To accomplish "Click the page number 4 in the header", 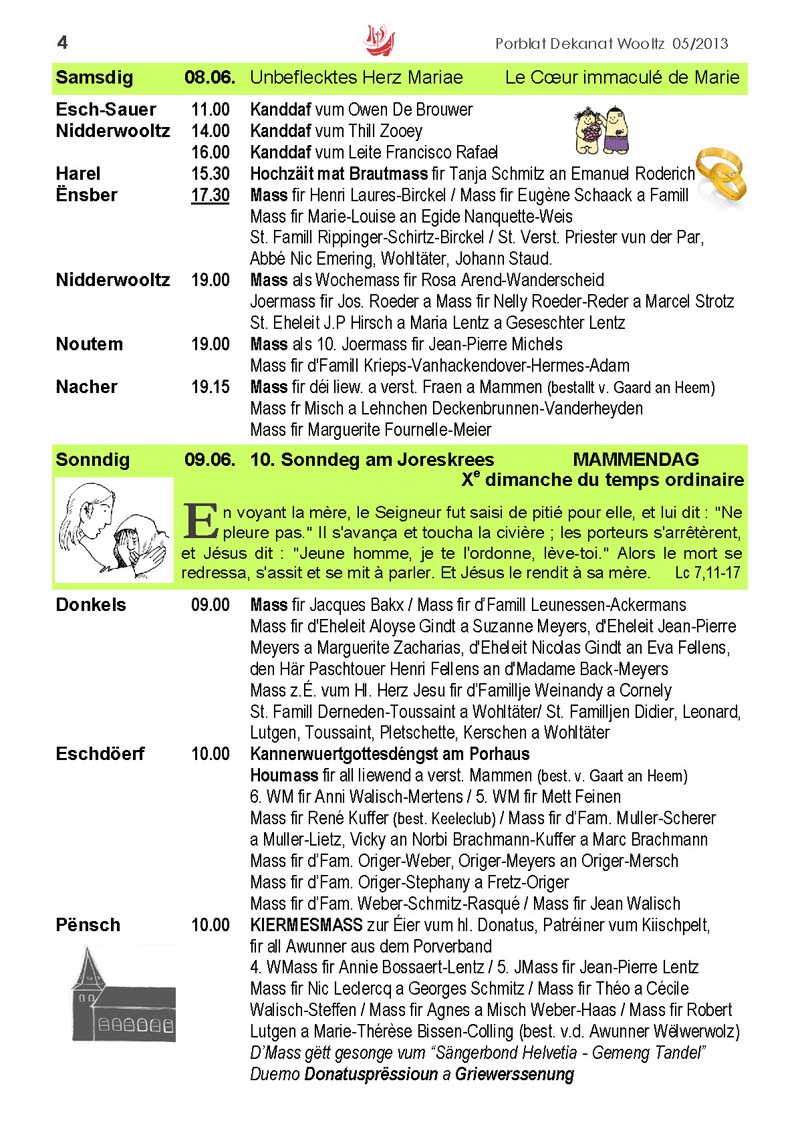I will [x=62, y=42].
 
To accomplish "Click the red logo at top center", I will [x=380, y=41].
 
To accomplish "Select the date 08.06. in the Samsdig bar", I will [x=209, y=77].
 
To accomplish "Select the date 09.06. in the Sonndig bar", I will [x=209, y=460].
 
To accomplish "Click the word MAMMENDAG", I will [x=635, y=460].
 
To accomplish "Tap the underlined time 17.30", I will [x=210, y=195].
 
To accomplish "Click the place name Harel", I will [x=79, y=174].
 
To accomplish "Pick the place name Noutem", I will [x=90, y=344].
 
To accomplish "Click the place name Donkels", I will [x=91, y=605].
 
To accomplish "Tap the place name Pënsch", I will [x=88, y=925].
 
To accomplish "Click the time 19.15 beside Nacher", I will [x=210, y=387].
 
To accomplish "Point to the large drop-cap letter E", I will [x=201, y=520].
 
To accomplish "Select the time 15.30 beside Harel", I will [x=210, y=174].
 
